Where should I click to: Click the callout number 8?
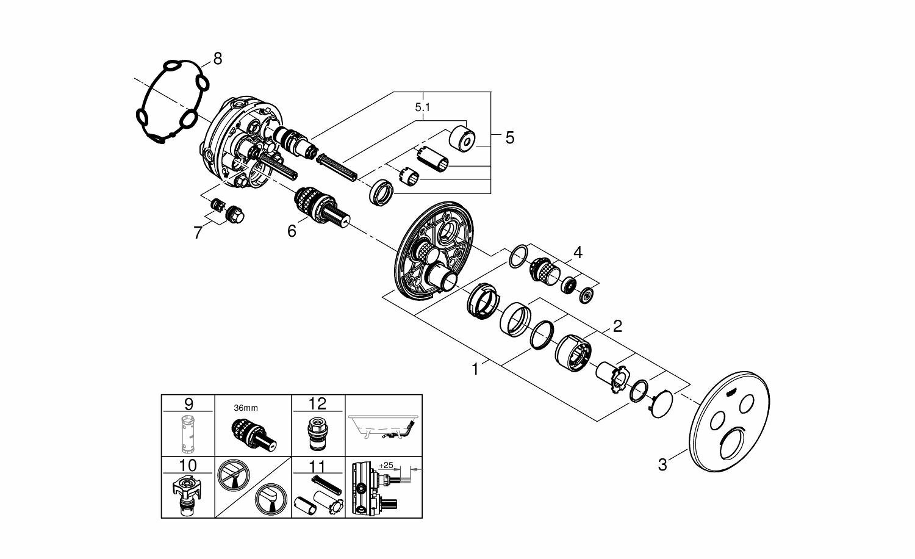click(x=217, y=59)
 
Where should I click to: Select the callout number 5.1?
click(x=422, y=107)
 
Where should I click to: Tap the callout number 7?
click(x=198, y=233)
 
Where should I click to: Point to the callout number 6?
click(x=292, y=231)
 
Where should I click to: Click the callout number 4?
click(x=577, y=251)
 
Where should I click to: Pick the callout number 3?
click(x=662, y=464)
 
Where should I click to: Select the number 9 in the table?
click(x=188, y=404)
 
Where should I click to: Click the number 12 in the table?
click(x=318, y=404)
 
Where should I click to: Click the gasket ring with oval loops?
click(x=171, y=101)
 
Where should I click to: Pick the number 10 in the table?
click(x=188, y=466)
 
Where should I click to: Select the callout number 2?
click(x=617, y=326)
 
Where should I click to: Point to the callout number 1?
click(x=476, y=369)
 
